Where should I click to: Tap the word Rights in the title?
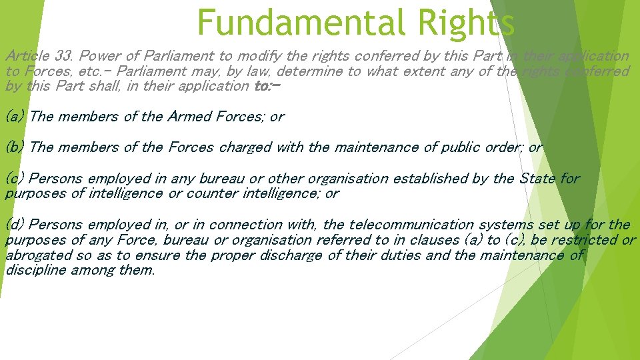pos(466,23)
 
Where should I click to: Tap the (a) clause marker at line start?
pos(15,117)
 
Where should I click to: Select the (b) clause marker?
pos(15,147)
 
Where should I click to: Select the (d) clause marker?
pos(15,225)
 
